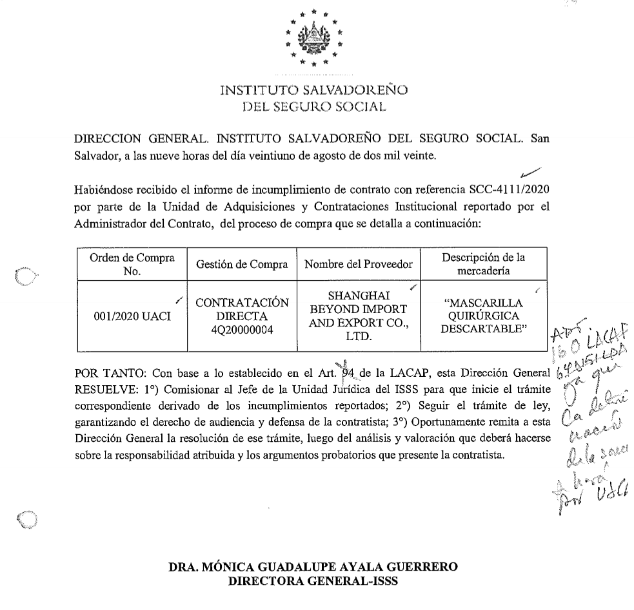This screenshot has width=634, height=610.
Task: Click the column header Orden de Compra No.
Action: pos(131,263)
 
